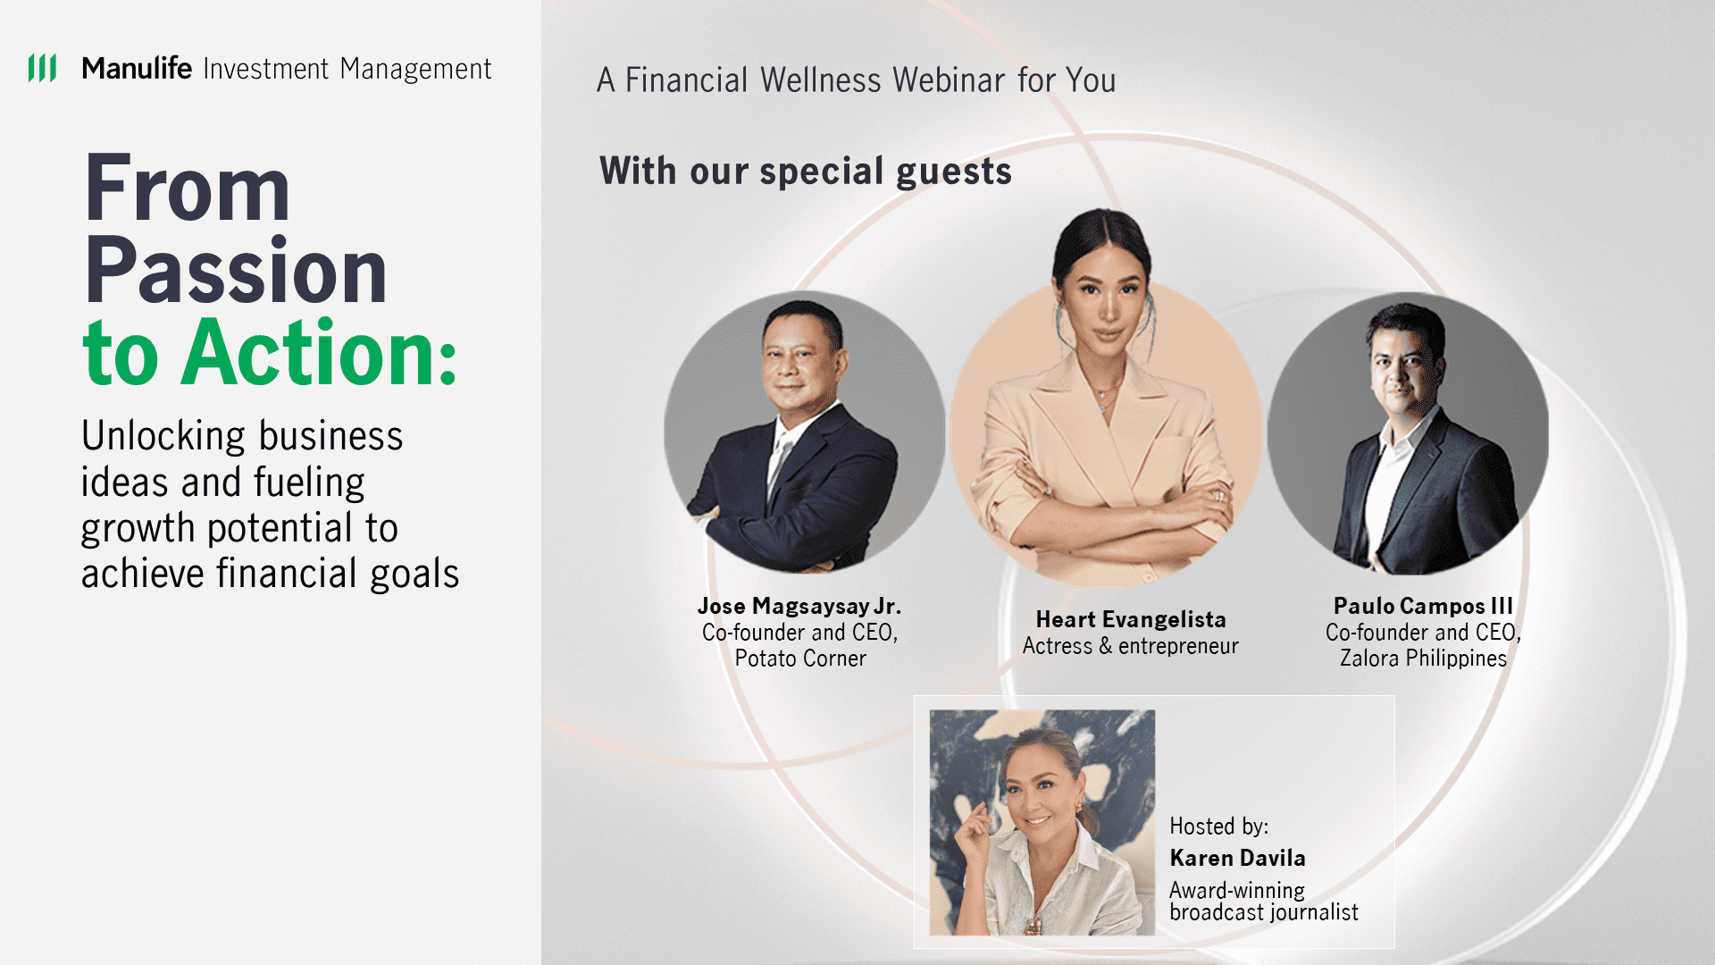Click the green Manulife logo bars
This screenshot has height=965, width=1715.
pos(42,68)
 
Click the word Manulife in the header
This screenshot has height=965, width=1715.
pos(137,68)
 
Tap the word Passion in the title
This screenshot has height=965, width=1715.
pos(236,270)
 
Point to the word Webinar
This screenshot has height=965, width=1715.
pos(949,80)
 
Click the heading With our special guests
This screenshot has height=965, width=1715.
pos(806,171)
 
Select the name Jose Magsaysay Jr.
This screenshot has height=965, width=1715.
pos(799,606)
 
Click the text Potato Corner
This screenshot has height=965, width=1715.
pos(800,659)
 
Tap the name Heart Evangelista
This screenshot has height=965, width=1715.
pos(1131,619)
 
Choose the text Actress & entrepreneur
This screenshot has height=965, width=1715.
pos(1131,646)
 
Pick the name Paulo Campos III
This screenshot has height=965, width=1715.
pos(1423,606)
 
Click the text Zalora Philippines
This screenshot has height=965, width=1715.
pos(1423,659)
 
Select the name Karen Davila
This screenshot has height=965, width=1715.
pos(1238,858)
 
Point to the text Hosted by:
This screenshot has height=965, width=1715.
pos(1219,827)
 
